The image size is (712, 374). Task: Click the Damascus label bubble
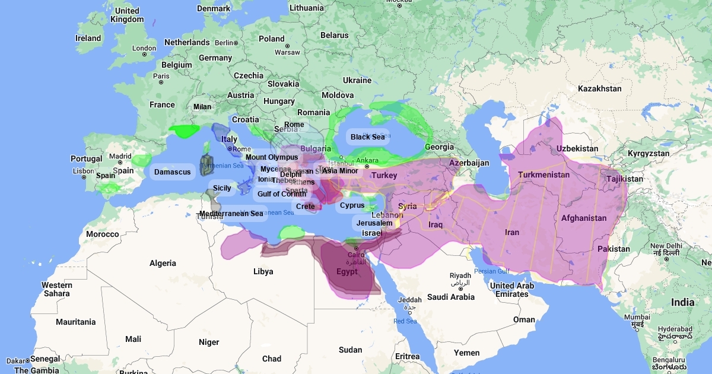173,172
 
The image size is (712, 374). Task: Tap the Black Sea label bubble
368,137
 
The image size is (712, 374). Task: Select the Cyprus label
352,205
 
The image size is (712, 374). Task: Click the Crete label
306,207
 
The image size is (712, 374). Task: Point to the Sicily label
222,188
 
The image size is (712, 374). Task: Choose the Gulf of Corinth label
282,194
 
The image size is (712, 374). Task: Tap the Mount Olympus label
272,157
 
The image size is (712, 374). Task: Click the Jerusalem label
374,223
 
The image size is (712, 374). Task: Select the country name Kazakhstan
599,88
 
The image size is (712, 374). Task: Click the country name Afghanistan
584,218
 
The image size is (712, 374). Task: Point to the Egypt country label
347,272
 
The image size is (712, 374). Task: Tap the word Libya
263,271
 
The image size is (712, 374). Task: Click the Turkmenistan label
543,175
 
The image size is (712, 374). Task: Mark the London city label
144,49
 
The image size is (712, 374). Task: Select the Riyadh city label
460,275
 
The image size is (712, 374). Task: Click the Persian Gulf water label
492,271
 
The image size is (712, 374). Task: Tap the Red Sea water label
405,321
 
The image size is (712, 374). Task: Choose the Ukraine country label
357,80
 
